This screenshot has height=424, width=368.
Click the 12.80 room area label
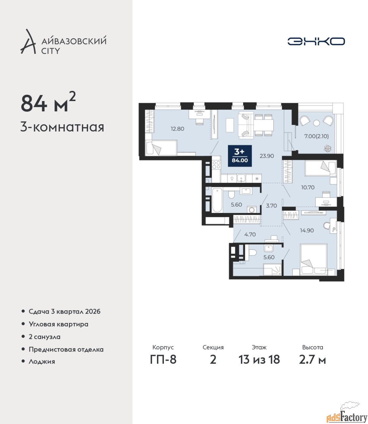[178, 129]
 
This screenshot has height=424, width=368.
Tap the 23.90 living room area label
[267, 156]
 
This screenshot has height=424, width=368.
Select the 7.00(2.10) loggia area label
[317, 136]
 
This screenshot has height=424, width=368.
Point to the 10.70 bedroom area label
[308, 187]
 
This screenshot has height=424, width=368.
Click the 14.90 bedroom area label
[307, 230]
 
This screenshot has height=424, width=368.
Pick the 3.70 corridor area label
[271, 205]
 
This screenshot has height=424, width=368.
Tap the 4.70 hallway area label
[250, 234]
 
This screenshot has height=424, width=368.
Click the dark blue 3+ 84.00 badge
[240, 156]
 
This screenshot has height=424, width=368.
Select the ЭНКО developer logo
[316, 41]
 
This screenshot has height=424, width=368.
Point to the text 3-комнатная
[62, 128]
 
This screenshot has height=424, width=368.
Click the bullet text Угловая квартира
[58, 324]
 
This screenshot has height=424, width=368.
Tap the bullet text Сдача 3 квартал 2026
[64, 312]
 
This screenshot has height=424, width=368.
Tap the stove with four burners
[216, 165]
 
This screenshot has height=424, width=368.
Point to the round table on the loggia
[317, 123]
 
